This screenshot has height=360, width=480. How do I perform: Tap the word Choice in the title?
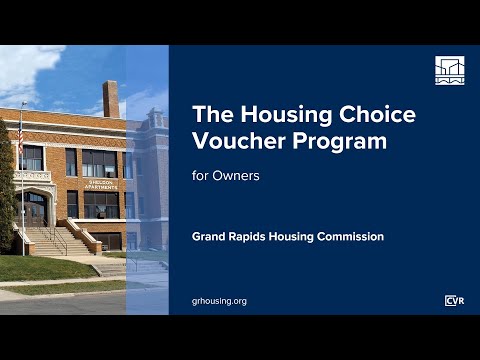[x=379, y=114]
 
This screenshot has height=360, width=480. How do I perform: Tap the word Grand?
[x=213, y=237]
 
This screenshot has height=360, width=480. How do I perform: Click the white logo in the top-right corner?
[x=450, y=70]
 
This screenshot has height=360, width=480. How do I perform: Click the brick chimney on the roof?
[x=111, y=98]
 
